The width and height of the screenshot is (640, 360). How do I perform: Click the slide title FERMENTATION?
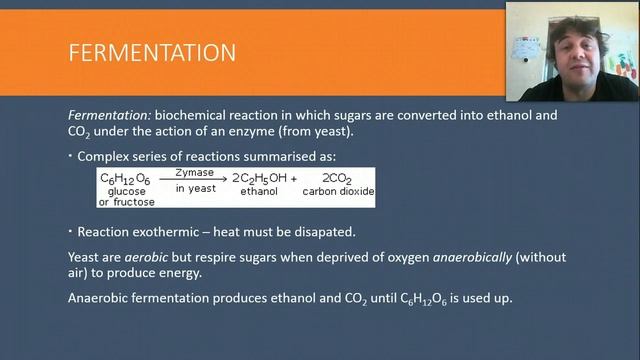(152, 52)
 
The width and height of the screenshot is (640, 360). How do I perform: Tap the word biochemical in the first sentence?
(189, 116)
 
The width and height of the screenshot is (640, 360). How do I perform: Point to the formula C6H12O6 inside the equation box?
(124, 177)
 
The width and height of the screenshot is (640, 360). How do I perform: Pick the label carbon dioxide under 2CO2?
(340, 191)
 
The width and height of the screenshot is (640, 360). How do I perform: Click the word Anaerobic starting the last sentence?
(102, 298)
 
